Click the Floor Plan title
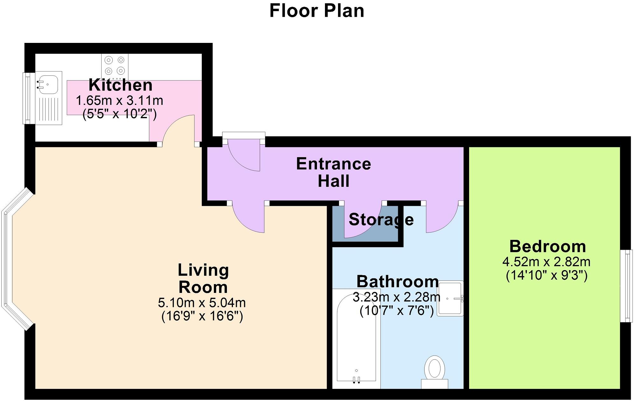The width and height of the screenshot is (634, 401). click(317, 11)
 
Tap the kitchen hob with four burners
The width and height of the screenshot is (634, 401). click(115, 66)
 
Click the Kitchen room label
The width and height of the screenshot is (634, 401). click(121, 85)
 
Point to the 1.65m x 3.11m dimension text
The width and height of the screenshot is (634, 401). click(119, 101)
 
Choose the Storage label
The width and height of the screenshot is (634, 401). click(381, 220)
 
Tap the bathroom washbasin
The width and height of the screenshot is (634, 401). click(450, 298)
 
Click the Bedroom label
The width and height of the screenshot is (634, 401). click(547, 246)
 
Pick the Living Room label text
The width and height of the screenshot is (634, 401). click(203, 278)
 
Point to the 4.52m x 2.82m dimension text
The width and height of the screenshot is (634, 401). click(546, 262)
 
